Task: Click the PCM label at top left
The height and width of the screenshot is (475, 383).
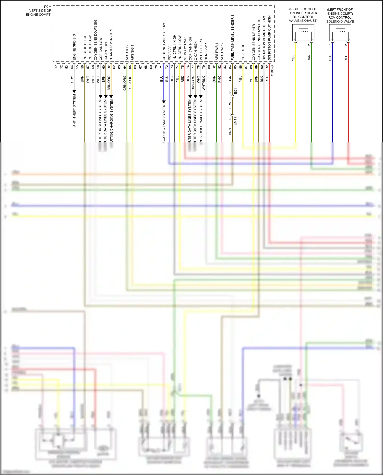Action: (x=47, y=7)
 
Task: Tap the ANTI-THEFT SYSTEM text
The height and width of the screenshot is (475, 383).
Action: (x=74, y=110)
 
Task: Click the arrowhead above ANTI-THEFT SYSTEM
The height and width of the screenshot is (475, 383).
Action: (x=74, y=91)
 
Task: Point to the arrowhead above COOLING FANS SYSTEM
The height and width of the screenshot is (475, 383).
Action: (x=164, y=102)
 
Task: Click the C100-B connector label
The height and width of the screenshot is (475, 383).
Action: (x=272, y=70)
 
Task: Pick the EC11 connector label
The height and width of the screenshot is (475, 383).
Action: (x=235, y=90)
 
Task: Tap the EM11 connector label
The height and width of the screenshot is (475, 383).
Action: (x=235, y=121)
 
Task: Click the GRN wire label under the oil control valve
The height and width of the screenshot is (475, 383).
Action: (x=309, y=58)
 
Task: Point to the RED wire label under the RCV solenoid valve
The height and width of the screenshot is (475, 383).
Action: (x=346, y=58)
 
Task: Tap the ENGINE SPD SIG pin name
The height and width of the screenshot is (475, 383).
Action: (x=74, y=47)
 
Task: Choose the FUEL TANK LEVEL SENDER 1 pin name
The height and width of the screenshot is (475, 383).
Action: (x=233, y=38)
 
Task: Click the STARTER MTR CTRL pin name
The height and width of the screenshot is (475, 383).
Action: (x=111, y=44)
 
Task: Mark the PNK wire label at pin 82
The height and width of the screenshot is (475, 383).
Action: (x=220, y=79)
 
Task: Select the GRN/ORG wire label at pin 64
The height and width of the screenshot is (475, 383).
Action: (x=125, y=83)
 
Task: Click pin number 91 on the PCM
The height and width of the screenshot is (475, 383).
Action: (x=267, y=66)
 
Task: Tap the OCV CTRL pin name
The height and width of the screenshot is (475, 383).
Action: (x=243, y=52)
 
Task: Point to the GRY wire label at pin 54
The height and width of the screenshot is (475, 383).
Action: (x=72, y=80)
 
